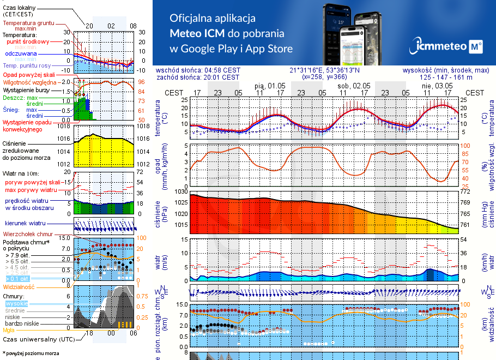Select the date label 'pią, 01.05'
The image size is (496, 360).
point(270,86)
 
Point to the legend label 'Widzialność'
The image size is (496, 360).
point(19,286)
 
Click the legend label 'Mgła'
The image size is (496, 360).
point(9,330)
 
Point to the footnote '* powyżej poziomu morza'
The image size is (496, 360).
point(31,353)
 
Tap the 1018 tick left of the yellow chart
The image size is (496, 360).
point(65,126)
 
